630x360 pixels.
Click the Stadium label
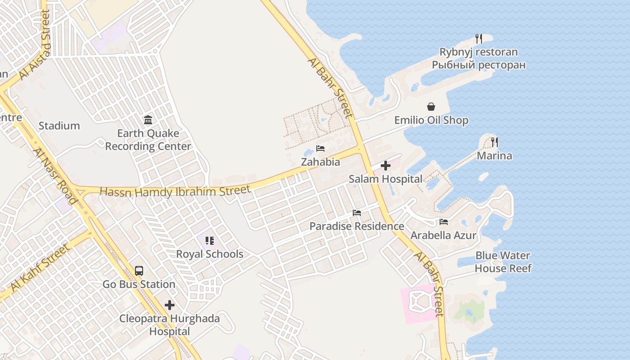pos(59,126)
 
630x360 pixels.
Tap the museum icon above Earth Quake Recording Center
pos(148,120)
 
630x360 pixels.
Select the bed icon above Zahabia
pos(320,148)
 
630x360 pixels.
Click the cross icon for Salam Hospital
pos(386,166)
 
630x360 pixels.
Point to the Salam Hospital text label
pos(386,179)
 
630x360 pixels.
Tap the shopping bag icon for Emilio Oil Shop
pos(431,107)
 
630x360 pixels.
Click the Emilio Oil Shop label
pos(431,121)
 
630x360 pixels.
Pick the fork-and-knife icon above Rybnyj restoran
pos(479,39)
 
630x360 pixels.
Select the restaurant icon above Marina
pos(495,142)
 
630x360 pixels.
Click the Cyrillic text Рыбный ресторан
pos(479,65)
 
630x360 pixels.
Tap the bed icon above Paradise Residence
pos(357,212)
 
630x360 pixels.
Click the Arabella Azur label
pos(443,235)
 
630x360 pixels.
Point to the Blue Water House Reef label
pos(503,262)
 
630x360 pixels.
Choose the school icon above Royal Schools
pos(209,241)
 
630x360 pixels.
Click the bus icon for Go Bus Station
pos(139,271)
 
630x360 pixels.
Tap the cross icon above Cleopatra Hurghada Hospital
pos(170,306)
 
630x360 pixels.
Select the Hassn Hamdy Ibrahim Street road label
pos(175,191)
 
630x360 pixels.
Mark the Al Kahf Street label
pos(40,268)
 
